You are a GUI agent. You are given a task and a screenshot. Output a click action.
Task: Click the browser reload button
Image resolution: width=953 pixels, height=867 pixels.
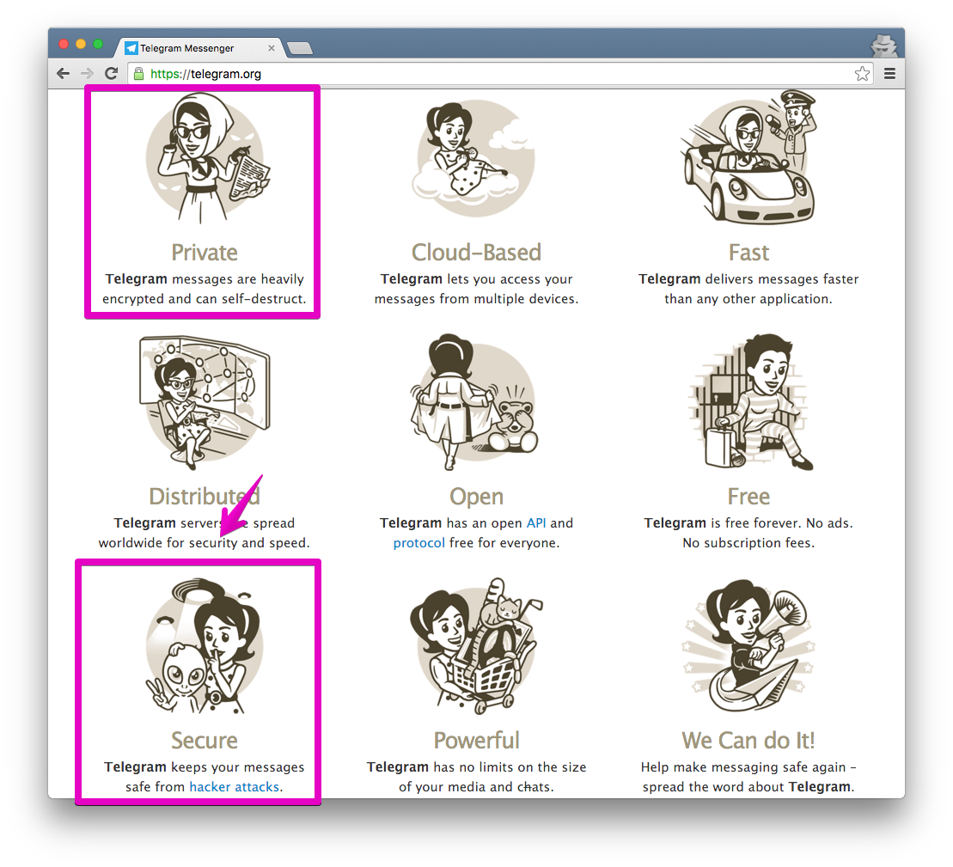coord(111,74)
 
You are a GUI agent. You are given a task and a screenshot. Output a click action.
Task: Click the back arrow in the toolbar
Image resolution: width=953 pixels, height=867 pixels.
coord(63,74)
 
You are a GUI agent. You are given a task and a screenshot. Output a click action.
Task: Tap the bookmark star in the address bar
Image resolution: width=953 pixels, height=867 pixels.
coord(862,74)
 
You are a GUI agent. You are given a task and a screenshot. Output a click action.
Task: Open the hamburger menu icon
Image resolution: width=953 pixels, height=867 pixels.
coord(889,74)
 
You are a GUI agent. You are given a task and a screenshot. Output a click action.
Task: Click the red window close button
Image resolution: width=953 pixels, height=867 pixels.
coord(64,44)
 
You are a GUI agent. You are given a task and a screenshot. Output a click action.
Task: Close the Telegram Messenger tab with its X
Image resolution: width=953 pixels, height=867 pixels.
coord(272,48)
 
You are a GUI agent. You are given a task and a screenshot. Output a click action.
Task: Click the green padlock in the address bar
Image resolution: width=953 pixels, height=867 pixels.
coord(138,74)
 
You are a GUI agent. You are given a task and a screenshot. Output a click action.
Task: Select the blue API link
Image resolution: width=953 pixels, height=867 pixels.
coord(536,523)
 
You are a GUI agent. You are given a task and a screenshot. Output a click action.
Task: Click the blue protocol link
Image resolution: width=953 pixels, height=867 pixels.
coord(418,543)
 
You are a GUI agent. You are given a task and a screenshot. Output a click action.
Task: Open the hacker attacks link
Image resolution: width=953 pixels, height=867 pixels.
coord(235,787)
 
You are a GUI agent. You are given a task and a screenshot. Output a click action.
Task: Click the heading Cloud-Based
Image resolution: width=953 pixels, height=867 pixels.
coord(476,252)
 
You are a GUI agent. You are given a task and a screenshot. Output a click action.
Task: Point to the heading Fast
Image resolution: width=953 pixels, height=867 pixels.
coord(748,252)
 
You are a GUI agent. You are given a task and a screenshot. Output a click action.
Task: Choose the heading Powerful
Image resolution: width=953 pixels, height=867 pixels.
coord(476,740)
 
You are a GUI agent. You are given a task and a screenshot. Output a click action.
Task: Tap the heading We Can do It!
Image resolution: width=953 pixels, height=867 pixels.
coord(748,740)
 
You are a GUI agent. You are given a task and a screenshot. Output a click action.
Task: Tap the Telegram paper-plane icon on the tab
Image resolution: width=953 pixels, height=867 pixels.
coord(131,48)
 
